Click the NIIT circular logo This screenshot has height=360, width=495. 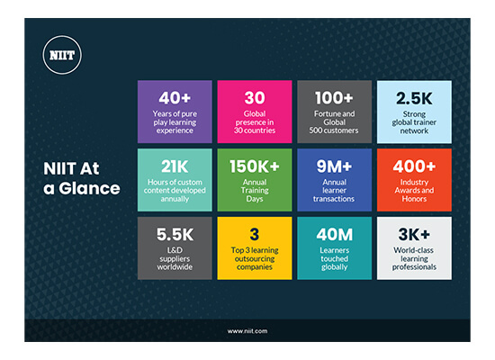(62, 55)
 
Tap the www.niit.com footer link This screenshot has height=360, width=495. (247, 331)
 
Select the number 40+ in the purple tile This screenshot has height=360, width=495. (175, 98)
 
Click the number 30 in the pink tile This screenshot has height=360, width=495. (255, 98)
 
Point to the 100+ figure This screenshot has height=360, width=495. (334, 98)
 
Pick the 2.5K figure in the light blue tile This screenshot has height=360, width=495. (414, 98)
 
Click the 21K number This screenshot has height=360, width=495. (175, 166)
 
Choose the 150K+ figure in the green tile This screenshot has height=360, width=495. (255, 166)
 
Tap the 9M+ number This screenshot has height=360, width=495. (334, 166)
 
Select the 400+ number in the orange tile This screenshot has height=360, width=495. (414, 166)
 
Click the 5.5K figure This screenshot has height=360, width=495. (175, 235)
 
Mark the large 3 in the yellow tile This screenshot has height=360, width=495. (255, 235)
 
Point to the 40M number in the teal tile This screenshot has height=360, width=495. (334, 235)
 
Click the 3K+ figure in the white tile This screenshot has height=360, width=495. (414, 235)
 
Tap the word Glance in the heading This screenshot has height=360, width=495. (89, 188)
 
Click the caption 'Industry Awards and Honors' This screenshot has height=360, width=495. (414, 191)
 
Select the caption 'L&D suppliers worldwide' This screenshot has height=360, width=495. (175, 258)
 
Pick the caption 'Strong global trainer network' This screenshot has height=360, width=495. (414, 122)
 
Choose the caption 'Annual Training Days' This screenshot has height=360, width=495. (255, 191)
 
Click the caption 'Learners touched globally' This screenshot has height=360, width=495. (334, 258)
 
